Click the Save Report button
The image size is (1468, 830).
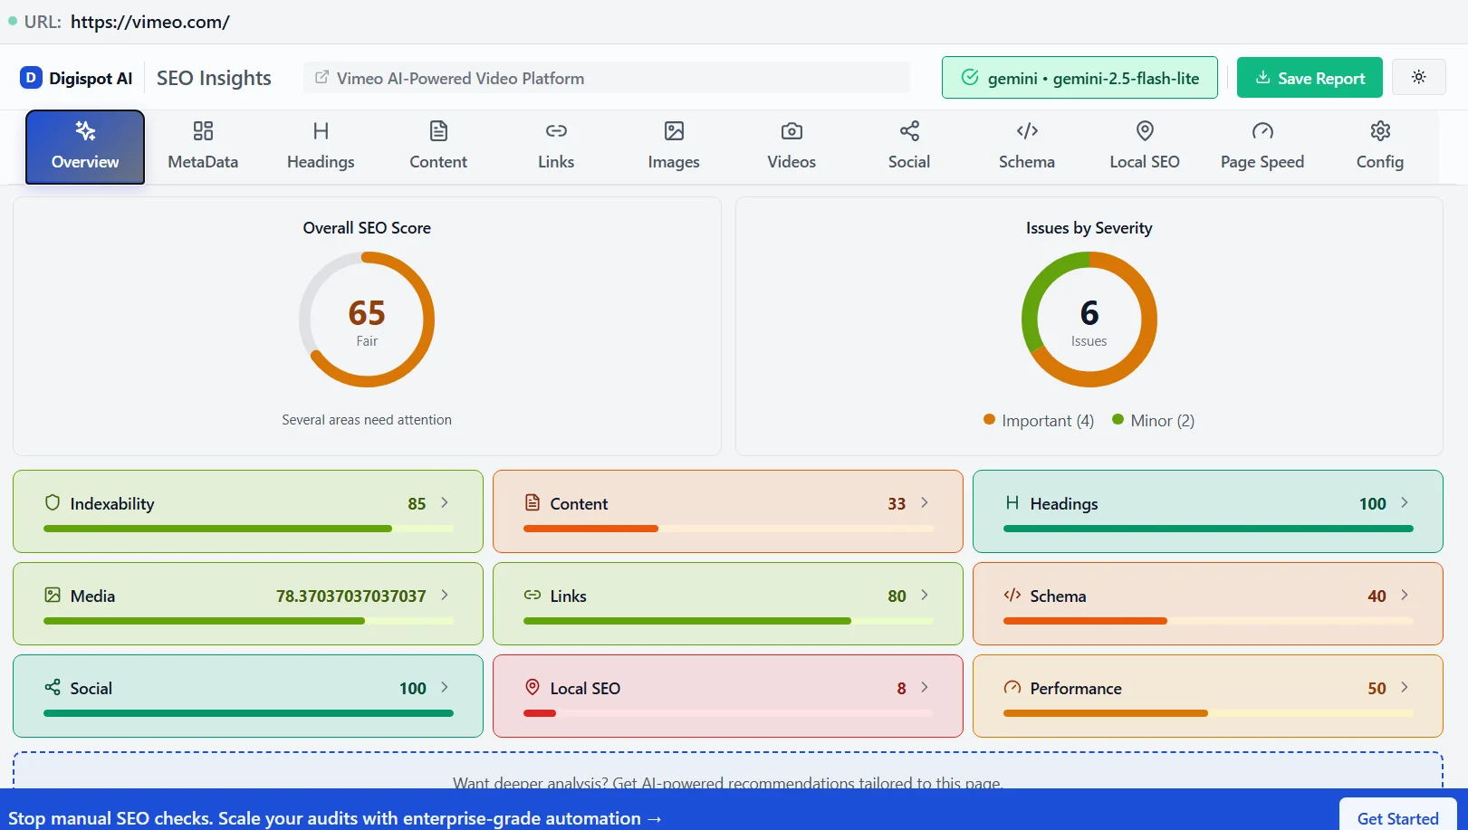click(1310, 78)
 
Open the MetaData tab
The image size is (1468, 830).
click(203, 147)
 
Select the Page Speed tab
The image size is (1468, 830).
click(1262, 147)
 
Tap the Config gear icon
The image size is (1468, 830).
click(1379, 132)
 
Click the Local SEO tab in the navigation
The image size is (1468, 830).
click(1144, 147)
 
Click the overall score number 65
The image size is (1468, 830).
click(367, 313)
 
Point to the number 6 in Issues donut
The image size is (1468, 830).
click(1089, 313)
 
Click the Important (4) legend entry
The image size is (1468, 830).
click(1039, 421)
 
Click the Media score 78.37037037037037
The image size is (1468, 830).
click(350, 596)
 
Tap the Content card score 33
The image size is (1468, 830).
click(896, 504)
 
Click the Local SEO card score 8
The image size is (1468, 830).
click(901, 689)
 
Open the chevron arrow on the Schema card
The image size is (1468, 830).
click(1404, 596)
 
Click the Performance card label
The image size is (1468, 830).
click(1075, 689)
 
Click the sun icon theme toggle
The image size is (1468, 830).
click(1418, 78)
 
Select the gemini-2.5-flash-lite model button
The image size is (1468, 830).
click(1079, 78)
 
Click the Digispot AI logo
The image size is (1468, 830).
click(77, 78)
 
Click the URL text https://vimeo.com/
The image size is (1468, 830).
click(150, 22)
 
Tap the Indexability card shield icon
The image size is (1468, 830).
click(53, 503)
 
